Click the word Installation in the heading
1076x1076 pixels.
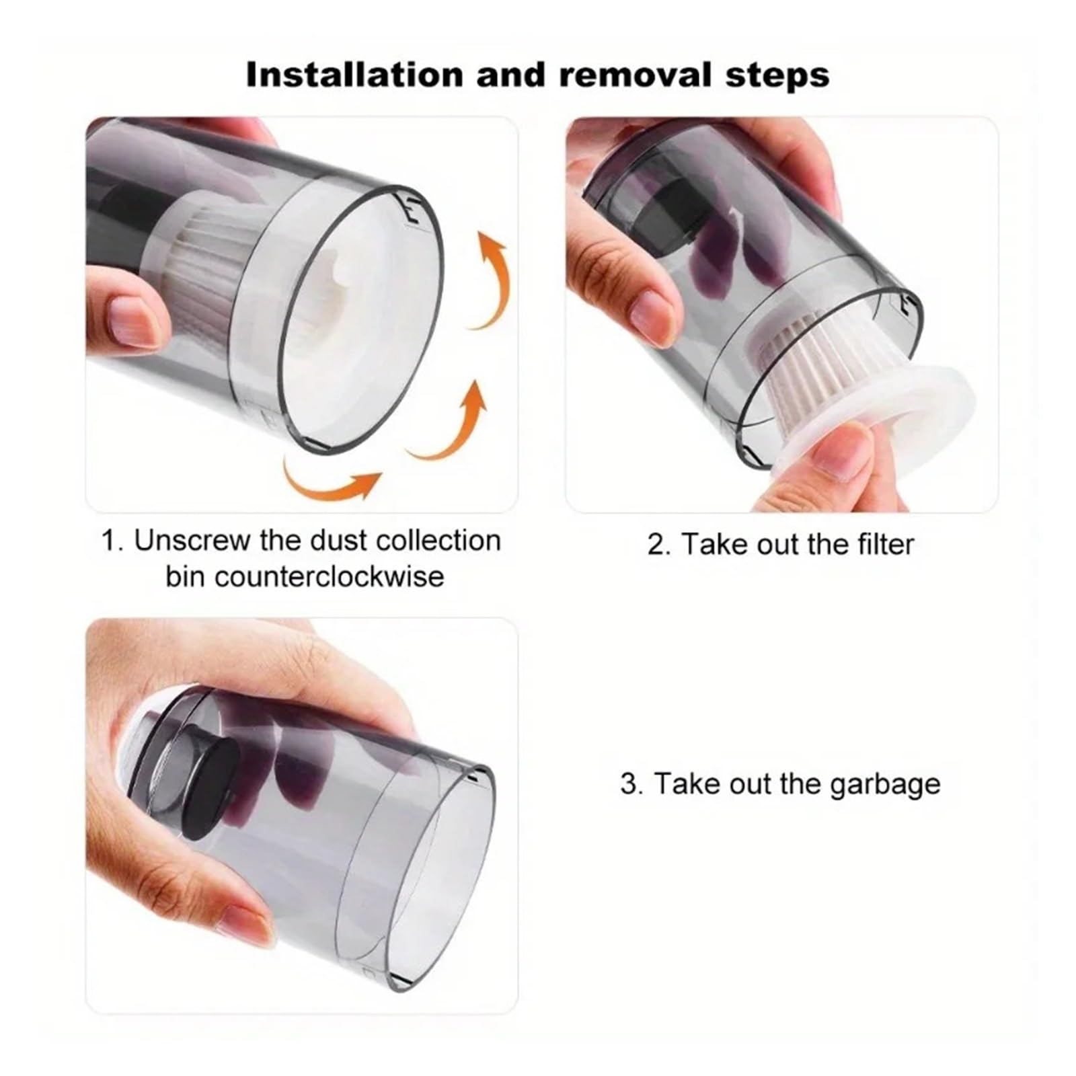click(x=354, y=75)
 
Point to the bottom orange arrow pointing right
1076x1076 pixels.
click(x=330, y=479)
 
